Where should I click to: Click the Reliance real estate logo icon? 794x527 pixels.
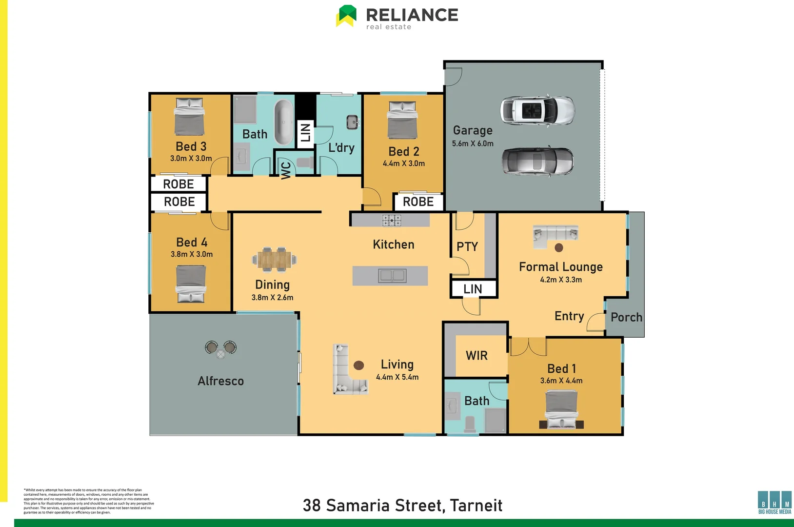(x=346, y=16)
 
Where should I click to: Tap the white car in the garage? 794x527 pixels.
(x=537, y=110)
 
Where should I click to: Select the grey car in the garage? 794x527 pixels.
(x=537, y=161)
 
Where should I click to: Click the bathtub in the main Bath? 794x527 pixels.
(x=283, y=122)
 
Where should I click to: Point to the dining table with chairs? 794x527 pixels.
(x=274, y=259)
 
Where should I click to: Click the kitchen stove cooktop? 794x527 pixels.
(x=391, y=220)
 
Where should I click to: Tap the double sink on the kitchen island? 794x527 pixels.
(x=392, y=276)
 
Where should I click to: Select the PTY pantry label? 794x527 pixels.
(x=467, y=246)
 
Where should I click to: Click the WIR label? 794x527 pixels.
(x=476, y=355)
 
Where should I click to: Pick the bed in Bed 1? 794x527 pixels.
(x=561, y=410)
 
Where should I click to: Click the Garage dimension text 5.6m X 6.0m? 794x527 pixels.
(x=472, y=143)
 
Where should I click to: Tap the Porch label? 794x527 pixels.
(x=626, y=317)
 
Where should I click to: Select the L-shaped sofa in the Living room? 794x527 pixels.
(x=347, y=372)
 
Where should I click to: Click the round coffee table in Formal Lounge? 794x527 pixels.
(x=559, y=247)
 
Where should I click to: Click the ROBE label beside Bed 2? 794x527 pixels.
(x=418, y=202)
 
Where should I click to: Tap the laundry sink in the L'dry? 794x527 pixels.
(x=352, y=122)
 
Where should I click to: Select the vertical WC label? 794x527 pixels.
(x=286, y=170)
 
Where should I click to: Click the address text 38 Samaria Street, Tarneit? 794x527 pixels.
(x=402, y=505)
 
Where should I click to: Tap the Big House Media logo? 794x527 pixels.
(x=774, y=502)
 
